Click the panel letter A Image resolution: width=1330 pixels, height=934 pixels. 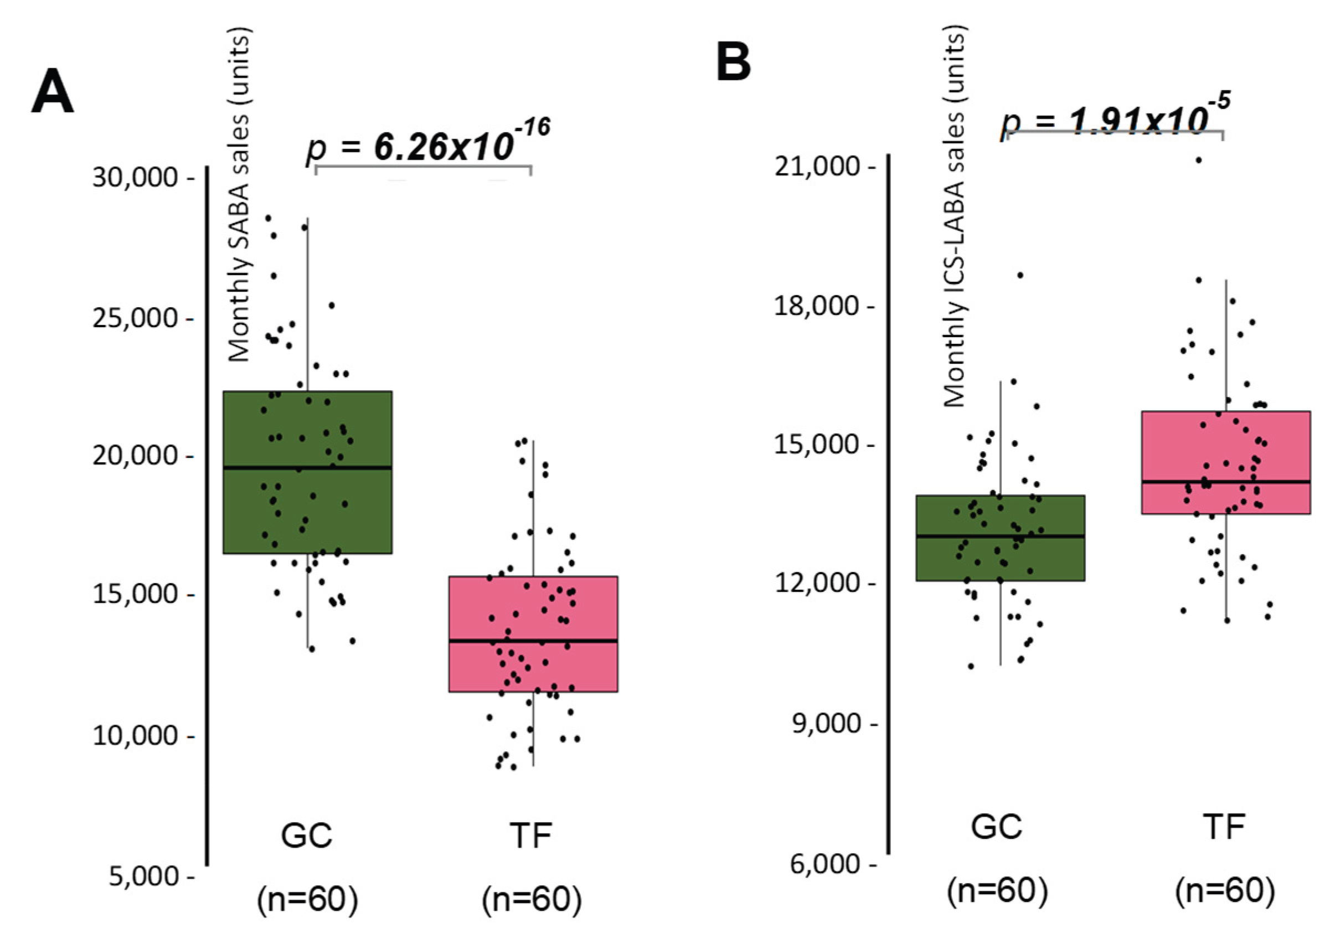click(52, 92)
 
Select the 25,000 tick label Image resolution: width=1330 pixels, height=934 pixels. click(135, 318)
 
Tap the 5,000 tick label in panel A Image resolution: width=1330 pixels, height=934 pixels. click(144, 876)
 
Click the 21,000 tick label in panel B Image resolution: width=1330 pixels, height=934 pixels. click(817, 166)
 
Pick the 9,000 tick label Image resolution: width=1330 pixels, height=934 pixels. click(826, 723)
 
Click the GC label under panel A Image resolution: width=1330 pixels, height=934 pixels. click(306, 835)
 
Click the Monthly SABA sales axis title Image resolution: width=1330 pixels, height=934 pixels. click(238, 195)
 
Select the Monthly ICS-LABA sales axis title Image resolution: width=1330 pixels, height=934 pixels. click(954, 217)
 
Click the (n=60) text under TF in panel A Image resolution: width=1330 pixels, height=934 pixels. click(531, 899)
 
